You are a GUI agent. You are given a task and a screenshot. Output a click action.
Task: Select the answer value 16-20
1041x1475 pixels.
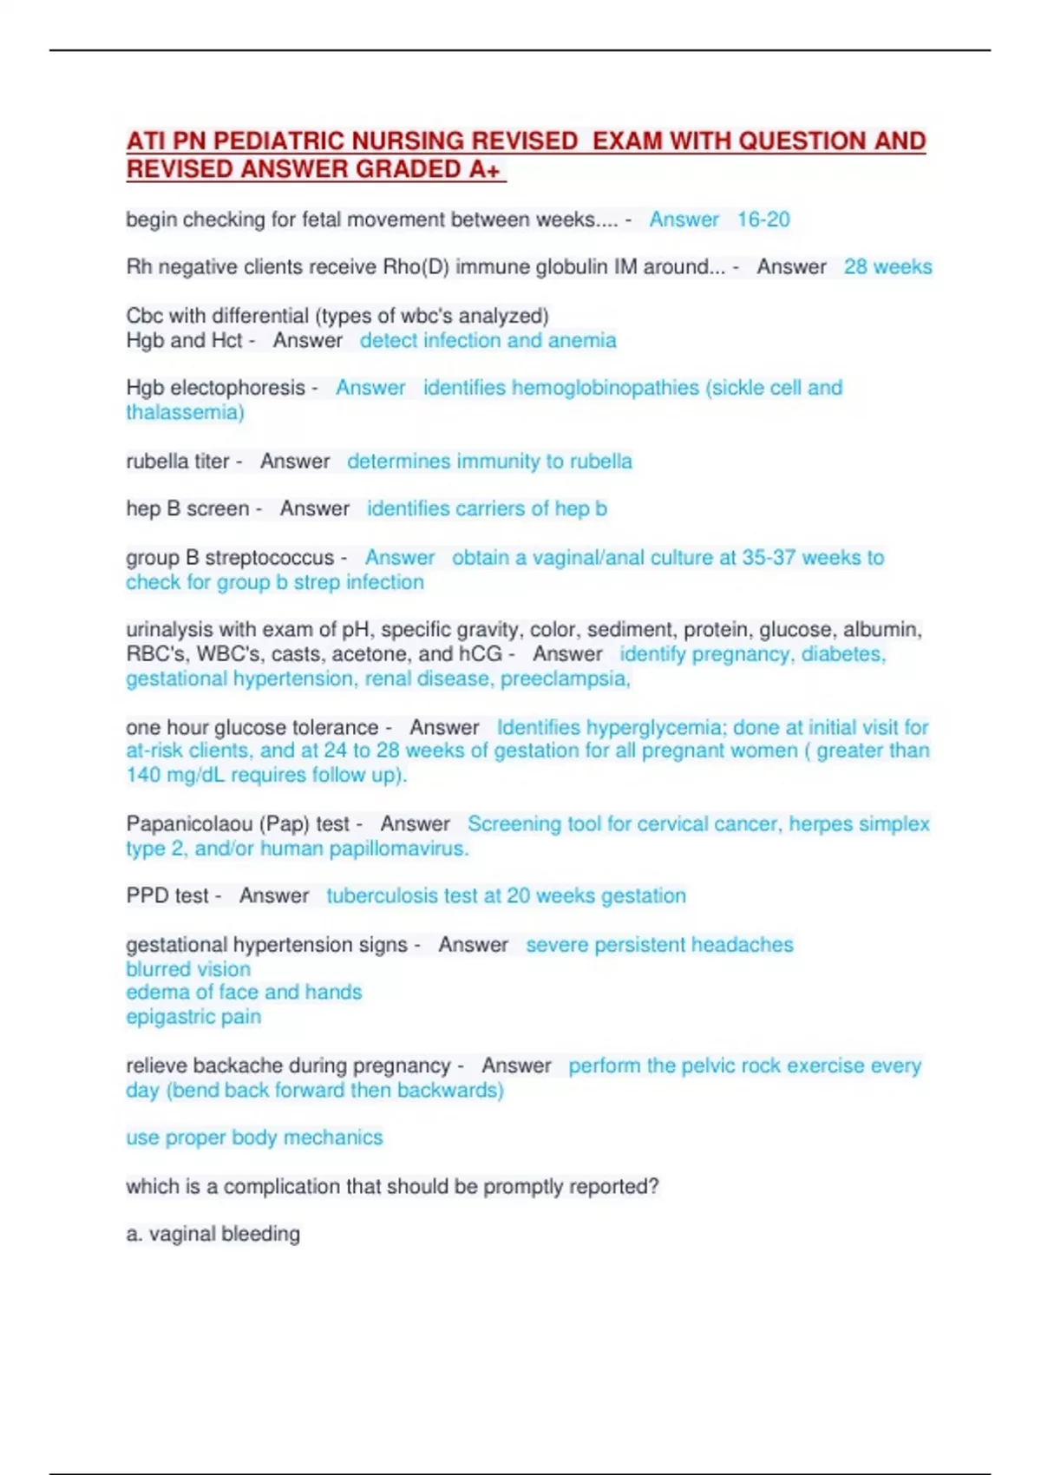763,220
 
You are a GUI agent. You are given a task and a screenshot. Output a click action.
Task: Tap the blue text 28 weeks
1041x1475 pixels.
887,267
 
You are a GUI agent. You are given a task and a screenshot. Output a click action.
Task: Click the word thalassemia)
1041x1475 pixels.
185,412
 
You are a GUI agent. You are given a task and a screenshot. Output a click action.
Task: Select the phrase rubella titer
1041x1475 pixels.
178,462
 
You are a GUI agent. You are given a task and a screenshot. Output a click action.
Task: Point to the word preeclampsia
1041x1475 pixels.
564,678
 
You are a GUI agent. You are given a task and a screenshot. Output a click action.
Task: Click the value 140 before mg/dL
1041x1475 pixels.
144,775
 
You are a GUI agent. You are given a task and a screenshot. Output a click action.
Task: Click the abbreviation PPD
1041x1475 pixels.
147,896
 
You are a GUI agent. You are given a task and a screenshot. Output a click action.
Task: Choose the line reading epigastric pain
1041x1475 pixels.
193,1017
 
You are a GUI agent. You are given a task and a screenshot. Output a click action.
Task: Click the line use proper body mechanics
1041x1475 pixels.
254,1137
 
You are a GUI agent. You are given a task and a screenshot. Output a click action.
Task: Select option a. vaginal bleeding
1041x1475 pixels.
213,1234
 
